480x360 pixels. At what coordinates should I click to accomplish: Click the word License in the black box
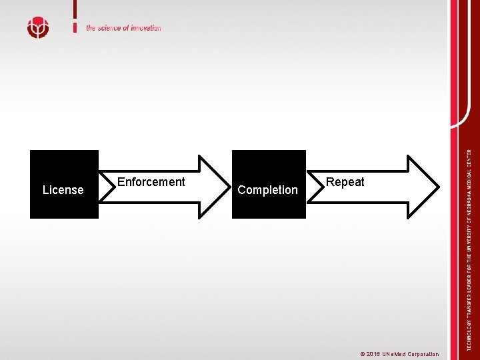coord(63,190)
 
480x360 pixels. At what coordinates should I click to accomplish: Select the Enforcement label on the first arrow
coord(151,182)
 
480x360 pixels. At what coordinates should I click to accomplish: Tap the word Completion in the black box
coord(267,190)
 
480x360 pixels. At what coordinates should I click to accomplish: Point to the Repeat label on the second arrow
coord(345,182)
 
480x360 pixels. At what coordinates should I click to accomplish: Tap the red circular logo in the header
coord(38,27)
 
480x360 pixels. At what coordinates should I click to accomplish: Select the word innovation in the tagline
coord(147,28)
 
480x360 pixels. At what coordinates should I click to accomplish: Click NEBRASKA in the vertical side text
coord(469,195)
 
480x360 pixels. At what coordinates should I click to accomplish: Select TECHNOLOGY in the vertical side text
coord(469,333)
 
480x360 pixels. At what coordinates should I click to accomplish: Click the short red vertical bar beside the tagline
coord(75,17)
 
